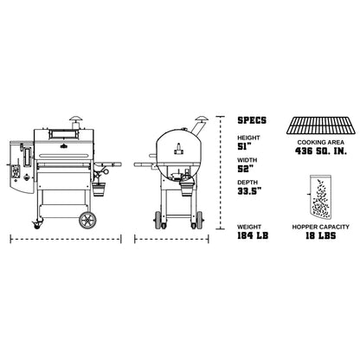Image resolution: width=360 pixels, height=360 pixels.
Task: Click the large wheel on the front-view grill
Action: [87, 219]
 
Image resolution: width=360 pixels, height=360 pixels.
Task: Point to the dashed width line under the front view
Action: [64, 237]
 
